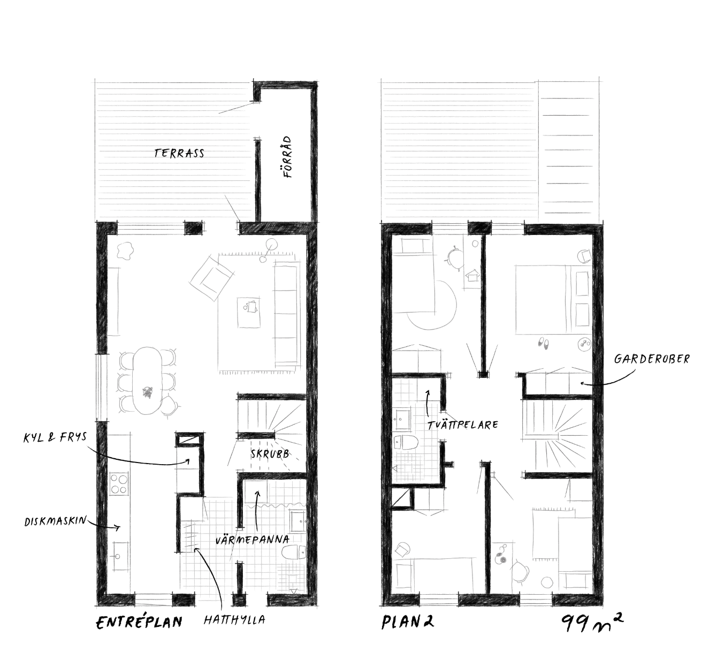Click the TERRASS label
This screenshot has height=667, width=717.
[179, 153]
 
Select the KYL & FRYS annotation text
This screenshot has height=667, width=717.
[55, 438]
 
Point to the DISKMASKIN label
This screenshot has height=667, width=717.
[56, 521]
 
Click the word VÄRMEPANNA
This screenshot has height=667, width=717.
[253, 540]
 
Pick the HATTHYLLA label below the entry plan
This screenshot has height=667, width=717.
[234, 620]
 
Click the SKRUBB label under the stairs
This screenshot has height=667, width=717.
[270, 454]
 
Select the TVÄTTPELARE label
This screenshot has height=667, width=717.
[462, 425]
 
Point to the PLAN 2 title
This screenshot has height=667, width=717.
[408, 622]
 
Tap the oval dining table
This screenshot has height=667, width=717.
[147, 381]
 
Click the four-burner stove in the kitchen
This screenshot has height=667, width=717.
[119, 484]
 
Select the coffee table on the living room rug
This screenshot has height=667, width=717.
[249, 313]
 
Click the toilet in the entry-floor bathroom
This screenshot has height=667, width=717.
[294, 552]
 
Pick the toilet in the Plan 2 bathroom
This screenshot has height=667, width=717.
[405, 443]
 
